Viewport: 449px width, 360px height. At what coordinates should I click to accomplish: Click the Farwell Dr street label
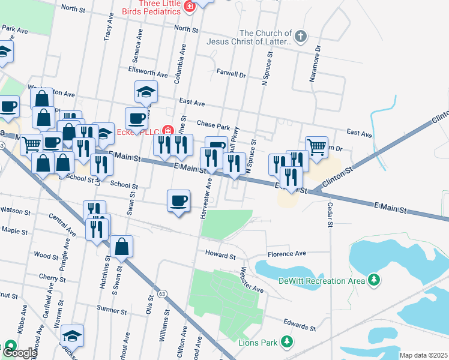point(231,76)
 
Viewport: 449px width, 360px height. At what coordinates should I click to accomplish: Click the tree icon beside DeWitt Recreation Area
point(374,280)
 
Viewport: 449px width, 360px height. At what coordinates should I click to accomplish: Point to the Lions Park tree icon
point(288,343)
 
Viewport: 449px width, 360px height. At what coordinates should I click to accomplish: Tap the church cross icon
point(301,37)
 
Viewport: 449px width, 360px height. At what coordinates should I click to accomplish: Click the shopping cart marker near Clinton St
point(316,146)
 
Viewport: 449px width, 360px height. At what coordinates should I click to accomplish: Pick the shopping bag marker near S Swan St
point(121,246)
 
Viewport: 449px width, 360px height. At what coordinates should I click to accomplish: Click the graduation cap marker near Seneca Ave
point(146,92)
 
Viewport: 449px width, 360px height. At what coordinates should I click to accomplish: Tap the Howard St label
point(220,255)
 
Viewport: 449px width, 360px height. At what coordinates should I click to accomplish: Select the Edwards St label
point(300,324)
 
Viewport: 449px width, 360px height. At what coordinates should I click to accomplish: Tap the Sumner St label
point(110,311)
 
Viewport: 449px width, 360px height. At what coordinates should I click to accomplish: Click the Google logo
point(19,352)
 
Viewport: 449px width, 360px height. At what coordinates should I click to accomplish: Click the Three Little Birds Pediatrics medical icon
point(190,7)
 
